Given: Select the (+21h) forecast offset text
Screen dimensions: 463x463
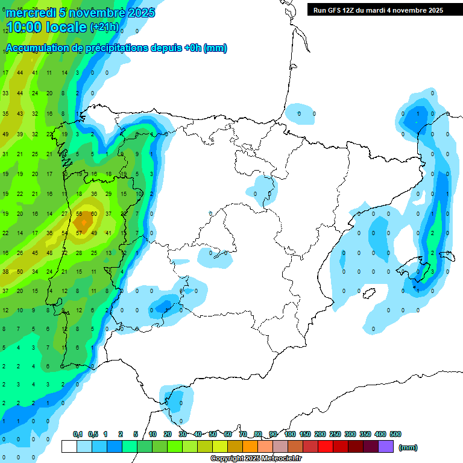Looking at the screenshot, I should tap(104, 28).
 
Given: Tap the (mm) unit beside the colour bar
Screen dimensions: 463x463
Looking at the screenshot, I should tap(408, 447).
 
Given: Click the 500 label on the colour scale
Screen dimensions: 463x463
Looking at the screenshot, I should tap(395, 434).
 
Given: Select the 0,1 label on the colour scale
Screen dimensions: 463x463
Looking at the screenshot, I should tap(78, 434).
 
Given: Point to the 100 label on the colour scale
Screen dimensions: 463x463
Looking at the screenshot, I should tap(289, 434).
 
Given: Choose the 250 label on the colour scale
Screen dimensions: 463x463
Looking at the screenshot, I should tap(335, 434).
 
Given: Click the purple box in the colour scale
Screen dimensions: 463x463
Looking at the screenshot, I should tap(386, 446).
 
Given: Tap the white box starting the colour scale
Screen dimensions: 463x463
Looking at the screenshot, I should tap(69, 446).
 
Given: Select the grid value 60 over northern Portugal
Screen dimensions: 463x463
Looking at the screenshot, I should tap(94, 214).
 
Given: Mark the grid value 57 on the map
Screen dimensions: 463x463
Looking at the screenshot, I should tap(79, 233).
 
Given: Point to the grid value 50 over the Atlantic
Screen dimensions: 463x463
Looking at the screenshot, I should tap(20, 272).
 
